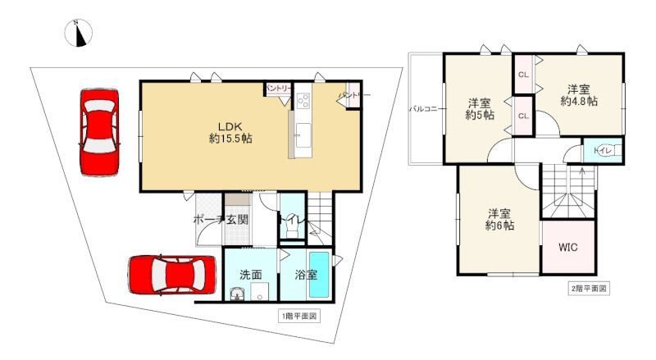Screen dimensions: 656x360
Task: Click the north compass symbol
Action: click(x=78, y=33)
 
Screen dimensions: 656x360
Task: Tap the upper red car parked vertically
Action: click(x=99, y=132)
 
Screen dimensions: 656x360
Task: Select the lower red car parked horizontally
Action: click(x=172, y=274)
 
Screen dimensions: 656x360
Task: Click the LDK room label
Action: click(x=230, y=126)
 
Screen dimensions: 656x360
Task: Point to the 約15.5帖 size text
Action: click(x=230, y=139)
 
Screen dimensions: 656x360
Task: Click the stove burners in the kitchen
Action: click(x=303, y=101)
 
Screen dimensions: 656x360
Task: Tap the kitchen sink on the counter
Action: click(x=303, y=134)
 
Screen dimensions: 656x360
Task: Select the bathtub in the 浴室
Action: click(x=319, y=275)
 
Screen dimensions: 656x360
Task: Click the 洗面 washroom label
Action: click(x=251, y=275)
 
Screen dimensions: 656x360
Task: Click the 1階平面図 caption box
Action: click(x=299, y=316)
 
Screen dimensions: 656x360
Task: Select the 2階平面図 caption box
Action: click(x=589, y=289)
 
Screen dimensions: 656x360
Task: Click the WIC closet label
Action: click(x=568, y=247)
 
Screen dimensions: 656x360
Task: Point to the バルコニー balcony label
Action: click(x=423, y=109)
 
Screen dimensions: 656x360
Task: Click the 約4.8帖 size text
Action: click(x=579, y=102)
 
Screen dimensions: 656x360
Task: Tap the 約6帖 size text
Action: click(x=499, y=226)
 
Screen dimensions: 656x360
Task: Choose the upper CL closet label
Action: click(x=523, y=75)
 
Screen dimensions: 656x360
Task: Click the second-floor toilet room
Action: click(x=603, y=150)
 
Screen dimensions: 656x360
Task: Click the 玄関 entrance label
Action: click(x=237, y=220)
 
